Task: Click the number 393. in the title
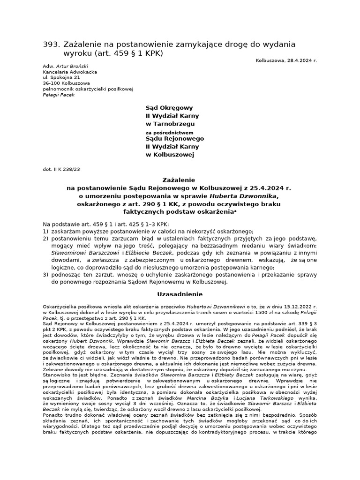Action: pos(51,44)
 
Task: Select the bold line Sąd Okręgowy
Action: pos(166,107)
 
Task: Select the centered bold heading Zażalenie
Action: pos(180,180)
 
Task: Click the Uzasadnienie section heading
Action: pos(180,294)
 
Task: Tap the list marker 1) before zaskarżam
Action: pos(45,232)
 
